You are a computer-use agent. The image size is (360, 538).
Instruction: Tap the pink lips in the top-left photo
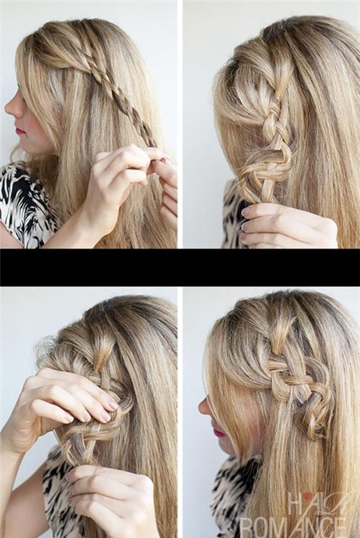(x=21, y=131)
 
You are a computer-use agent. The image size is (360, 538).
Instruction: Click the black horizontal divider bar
(x=180, y=267)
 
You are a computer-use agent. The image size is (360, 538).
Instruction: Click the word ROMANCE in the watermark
(x=293, y=527)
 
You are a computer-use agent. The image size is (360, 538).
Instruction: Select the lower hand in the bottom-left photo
(x=114, y=497)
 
